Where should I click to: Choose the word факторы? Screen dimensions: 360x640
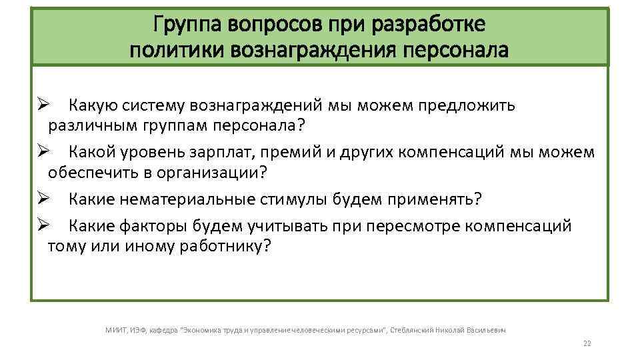click(x=156, y=226)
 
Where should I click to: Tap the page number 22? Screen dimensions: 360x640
click(x=587, y=344)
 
